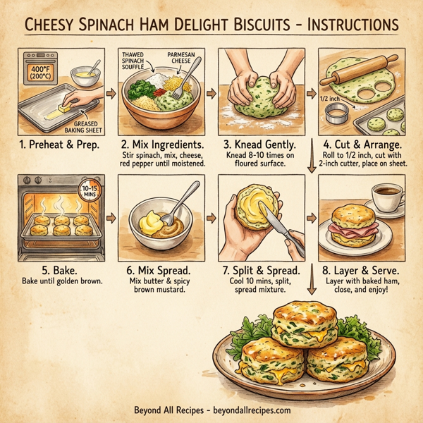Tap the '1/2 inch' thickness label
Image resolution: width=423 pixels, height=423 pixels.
pos(332,99)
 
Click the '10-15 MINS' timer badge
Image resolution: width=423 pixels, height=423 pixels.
pos(90,193)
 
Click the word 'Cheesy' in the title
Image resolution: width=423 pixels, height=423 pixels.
pos(58,24)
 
